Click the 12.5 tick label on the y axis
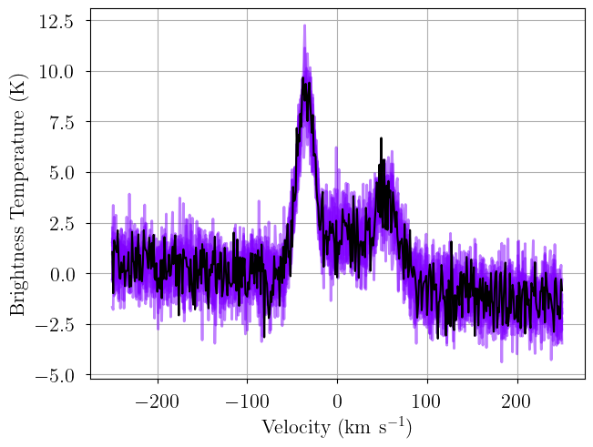point(56,22)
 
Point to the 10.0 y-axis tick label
point(56,72)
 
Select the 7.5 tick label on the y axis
point(61,122)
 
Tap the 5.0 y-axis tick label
point(61,173)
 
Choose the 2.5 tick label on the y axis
point(61,223)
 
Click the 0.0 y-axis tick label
point(61,274)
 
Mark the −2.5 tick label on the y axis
point(55,325)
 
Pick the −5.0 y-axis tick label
point(55,375)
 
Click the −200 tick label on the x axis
point(157,401)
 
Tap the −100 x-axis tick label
point(247,401)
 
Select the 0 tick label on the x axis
point(337,401)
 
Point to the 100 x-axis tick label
point(427,401)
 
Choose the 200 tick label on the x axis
point(517,401)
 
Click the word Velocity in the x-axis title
point(296,428)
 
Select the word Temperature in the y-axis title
point(17,168)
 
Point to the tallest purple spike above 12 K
point(304,25)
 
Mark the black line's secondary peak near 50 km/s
point(381,138)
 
